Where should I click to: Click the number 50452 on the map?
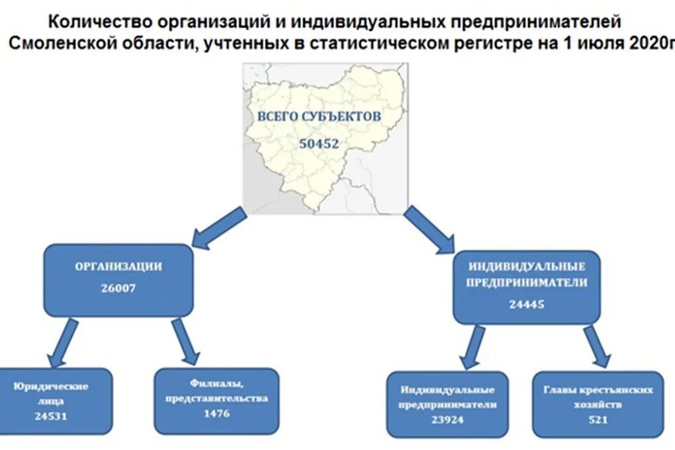(x=318, y=143)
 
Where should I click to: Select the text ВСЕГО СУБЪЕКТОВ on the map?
(x=319, y=116)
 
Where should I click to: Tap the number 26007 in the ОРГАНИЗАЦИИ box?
(x=118, y=288)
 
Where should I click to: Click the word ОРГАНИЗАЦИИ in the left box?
(x=118, y=267)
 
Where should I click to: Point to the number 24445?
(x=527, y=304)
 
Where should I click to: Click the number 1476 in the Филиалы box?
(x=216, y=414)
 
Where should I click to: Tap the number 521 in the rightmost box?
(x=597, y=419)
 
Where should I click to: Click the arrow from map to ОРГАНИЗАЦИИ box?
(x=219, y=228)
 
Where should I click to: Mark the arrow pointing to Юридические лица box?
(x=64, y=342)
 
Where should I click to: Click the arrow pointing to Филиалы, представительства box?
(x=185, y=341)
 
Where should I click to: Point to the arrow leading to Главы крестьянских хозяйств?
(x=596, y=345)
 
